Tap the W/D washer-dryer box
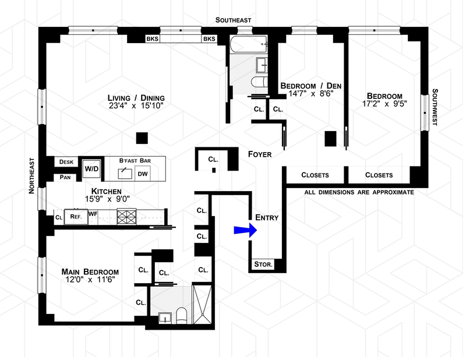(91, 168)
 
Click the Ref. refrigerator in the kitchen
(75, 216)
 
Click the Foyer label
(260, 154)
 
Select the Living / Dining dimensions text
(136, 106)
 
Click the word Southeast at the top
(233, 20)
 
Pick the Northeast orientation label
(33, 175)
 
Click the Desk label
(65, 162)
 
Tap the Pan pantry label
(65, 178)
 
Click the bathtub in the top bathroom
(248, 44)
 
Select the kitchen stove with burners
(126, 217)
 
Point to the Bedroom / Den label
(310, 85)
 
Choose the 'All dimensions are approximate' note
(359, 192)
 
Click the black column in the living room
(140, 138)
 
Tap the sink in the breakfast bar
(124, 173)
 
